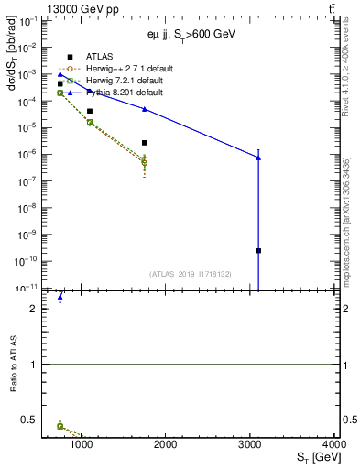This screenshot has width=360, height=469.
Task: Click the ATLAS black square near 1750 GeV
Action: point(145,143)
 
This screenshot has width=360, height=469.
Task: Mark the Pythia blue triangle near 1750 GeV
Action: point(145,109)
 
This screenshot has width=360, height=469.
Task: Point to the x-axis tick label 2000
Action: point(166,445)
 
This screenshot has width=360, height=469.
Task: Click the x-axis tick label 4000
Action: point(336,445)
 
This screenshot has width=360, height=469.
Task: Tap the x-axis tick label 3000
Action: point(250,445)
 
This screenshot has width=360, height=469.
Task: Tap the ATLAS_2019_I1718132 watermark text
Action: point(191,273)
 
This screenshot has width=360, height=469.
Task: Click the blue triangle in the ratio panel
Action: point(60,297)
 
